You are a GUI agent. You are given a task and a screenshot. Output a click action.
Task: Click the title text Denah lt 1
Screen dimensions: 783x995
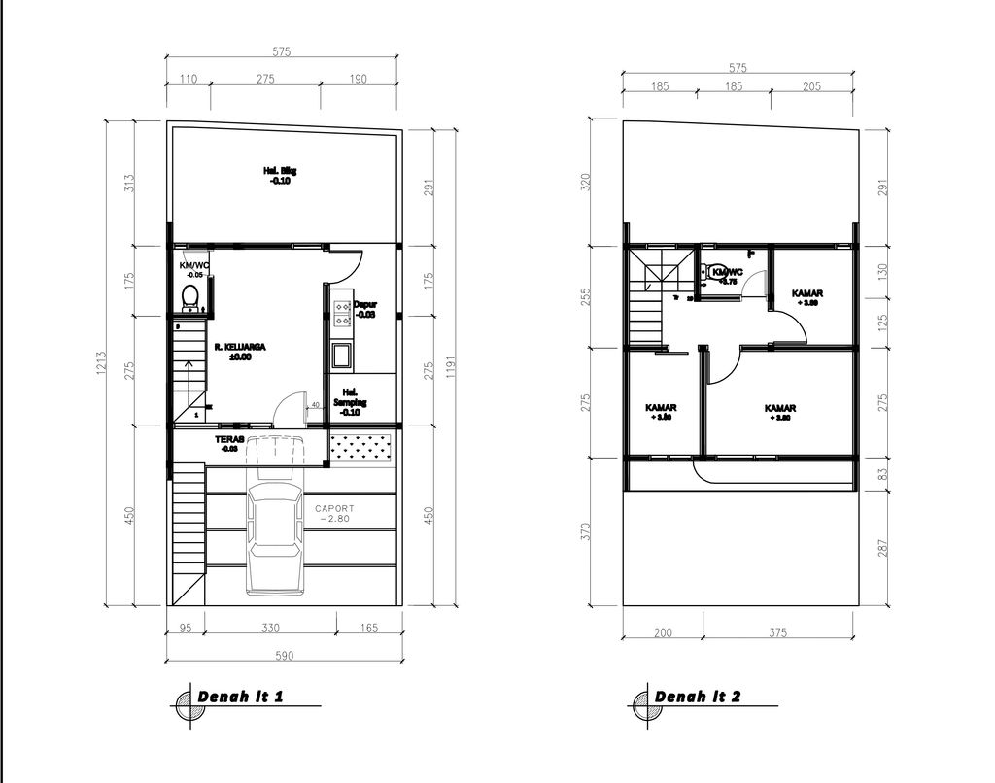pos(241,697)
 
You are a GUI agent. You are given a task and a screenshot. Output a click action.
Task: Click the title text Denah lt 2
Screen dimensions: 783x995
pos(698,697)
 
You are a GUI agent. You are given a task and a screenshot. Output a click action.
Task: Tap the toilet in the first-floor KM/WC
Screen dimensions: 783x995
pos(190,295)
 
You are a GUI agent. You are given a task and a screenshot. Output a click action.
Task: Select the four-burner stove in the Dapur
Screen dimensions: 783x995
pos(343,312)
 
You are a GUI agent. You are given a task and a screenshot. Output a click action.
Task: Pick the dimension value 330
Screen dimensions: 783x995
pos(271,629)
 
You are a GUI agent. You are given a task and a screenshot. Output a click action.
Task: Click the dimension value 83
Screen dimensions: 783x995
pos(882,474)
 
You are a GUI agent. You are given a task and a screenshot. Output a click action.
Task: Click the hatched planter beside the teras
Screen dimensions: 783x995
pos(360,447)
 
